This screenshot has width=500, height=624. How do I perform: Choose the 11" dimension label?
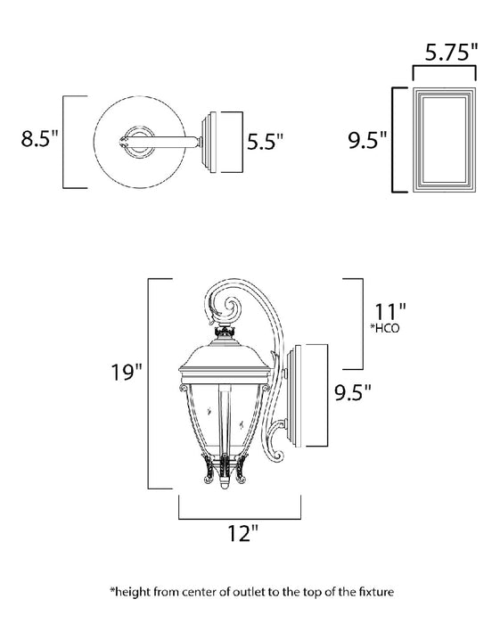tap(390, 312)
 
